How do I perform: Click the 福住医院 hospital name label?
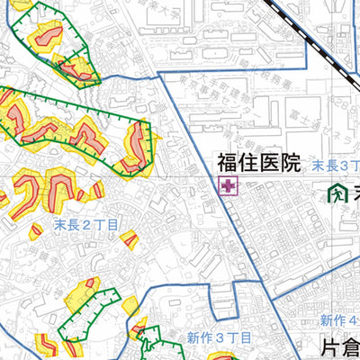tap(257, 164)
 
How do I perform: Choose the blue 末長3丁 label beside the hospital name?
tap(336, 166)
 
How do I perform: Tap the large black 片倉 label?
tap(339, 347)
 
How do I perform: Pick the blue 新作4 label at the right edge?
tap(340, 320)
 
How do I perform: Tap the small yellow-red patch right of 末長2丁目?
tap(130, 238)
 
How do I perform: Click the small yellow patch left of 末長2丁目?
tap(35, 231)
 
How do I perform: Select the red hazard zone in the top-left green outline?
tap(46, 37)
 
